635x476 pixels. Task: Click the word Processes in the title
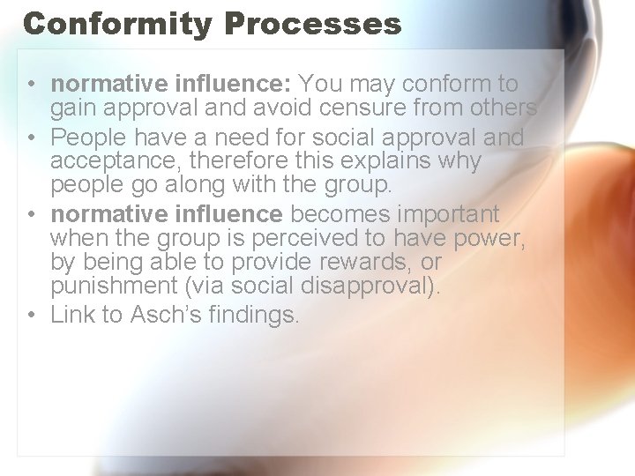pyautogui.click(x=313, y=24)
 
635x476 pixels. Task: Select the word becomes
pyautogui.click(x=342, y=214)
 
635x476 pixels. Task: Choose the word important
pyautogui.click(x=450, y=214)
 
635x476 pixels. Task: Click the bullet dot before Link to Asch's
pyautogui.click(x=30, y=315)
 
